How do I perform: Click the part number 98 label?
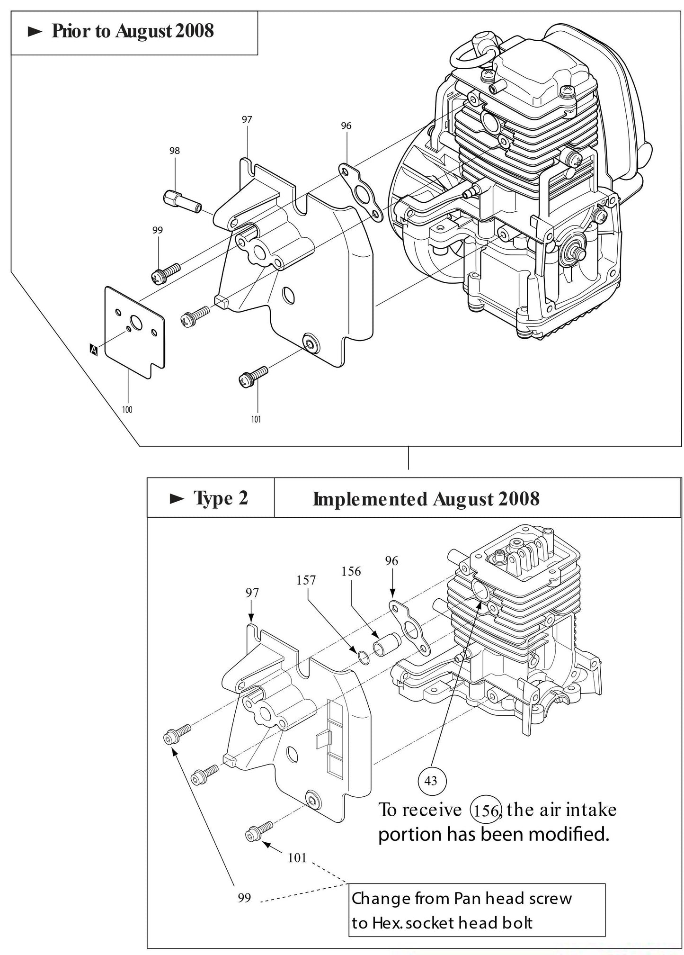click(174, 151)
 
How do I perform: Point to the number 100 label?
click(127, 410)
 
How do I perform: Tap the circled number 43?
click(431, 780)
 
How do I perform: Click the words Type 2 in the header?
click(221, 498)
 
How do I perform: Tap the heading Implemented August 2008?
click(426, 499)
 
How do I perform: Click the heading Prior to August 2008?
click(133, 31)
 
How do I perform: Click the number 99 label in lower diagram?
click(244, 898)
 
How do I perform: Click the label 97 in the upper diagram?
click(247, 120)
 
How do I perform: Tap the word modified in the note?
click(568, 834)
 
